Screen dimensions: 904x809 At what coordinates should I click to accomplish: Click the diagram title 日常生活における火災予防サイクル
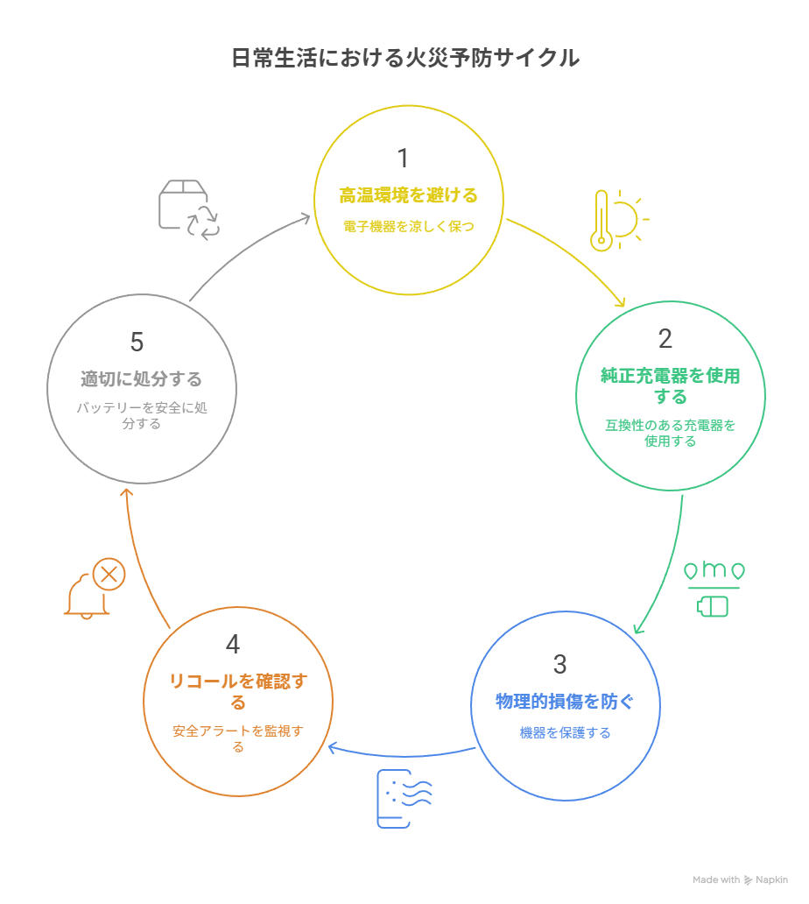(x=404, y=59)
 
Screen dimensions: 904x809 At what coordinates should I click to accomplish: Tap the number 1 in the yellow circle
(x=403, y=159)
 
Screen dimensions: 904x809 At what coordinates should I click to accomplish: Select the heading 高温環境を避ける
(x=409, y=195)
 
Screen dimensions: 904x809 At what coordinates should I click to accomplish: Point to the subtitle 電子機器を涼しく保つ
(x=409, y=226)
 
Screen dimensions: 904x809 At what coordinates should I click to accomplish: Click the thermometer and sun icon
(x=618, y=220)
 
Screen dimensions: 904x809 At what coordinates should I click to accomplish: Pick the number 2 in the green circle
(x=665, y=338)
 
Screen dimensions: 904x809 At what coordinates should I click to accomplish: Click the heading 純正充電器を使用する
(x=670, y=385)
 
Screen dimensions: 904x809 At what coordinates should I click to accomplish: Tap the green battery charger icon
(x=714, y=588)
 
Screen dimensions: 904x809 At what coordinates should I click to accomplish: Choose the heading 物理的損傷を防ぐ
(x=565, y=702)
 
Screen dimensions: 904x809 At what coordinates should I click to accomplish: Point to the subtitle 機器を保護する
(x=565, y=732)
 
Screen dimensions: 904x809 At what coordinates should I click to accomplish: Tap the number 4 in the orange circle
(x=233, y=645)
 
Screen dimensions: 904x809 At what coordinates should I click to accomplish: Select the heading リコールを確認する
(x=238, y=691)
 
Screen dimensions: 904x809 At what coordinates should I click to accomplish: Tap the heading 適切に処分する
(x=142, y=379)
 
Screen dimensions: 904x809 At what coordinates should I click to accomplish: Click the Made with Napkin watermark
(x=740, y=879)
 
